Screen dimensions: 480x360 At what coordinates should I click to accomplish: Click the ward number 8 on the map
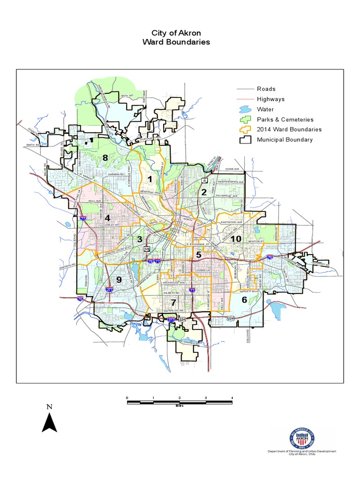105,158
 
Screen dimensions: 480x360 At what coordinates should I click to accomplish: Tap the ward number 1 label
150,179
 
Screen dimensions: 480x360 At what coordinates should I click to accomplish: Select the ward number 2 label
203,192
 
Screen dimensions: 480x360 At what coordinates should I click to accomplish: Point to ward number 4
107,218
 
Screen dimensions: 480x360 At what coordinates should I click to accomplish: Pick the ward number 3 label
139,240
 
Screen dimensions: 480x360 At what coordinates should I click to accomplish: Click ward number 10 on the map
235,239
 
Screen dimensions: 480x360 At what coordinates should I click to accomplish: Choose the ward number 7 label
173,302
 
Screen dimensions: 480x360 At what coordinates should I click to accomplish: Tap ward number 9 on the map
119,280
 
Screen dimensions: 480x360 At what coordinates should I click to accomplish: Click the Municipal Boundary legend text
285,140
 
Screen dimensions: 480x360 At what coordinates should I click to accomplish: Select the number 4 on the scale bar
232,397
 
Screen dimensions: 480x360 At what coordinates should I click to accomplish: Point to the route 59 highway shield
147,248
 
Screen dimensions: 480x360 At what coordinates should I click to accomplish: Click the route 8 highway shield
204,180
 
